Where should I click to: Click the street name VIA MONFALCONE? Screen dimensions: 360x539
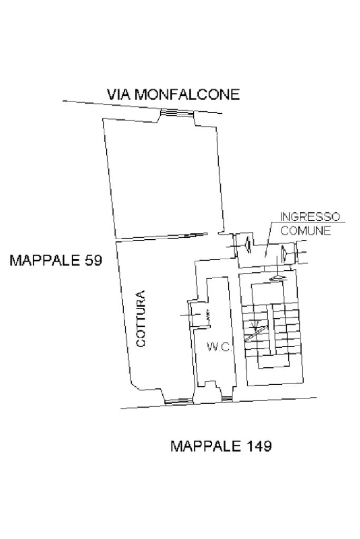coord(173,94)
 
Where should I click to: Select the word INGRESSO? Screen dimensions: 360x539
coord(310,217)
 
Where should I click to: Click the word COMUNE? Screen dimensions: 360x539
coord(306,230)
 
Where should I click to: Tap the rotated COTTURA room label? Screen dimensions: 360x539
coord(141,318)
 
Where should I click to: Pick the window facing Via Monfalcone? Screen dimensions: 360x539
coord(178,112)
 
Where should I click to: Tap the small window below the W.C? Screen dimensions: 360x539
coord(227,399)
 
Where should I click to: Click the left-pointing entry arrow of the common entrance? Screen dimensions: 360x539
coord(248,246)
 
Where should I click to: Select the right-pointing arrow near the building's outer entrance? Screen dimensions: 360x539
coord(284,254)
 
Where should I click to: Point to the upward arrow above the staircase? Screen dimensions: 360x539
coord(277,277)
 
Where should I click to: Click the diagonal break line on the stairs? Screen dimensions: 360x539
coord(257,332)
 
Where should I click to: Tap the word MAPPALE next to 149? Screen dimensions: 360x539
coord(206,446)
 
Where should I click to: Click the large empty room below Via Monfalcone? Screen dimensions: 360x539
coord(164,179)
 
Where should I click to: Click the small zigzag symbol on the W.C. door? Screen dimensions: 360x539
coord(208,315)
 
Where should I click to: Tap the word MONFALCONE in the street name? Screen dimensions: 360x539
coord(187,94)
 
